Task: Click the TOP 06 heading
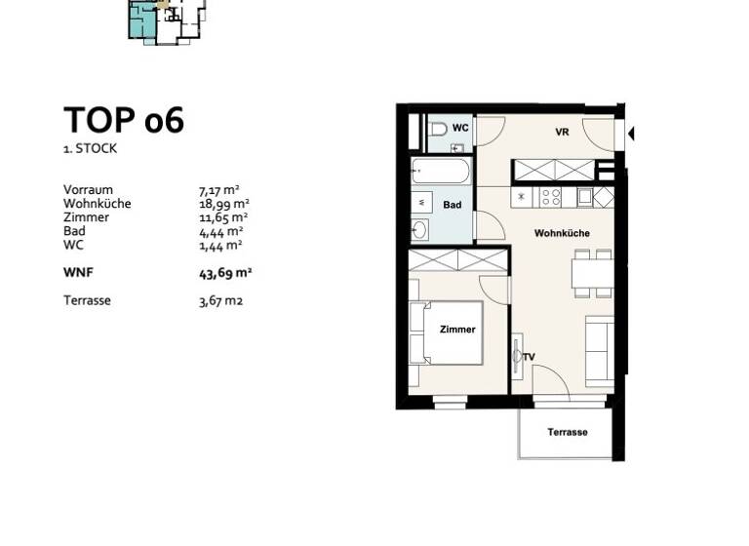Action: click(x=124, y=120)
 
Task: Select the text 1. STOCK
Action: click(x=91, y=149)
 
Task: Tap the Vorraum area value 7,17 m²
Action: click(x=220, y=190)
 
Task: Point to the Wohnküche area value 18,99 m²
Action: click(x=224, y=204)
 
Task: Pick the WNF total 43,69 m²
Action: click(x=225, y=273)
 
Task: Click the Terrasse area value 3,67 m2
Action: click(x=220, y=300)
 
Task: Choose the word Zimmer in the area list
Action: click(x=82, y=217)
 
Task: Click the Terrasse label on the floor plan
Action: click(x=567, y=432)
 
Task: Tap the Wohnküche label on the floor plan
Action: click(x=561, y=234)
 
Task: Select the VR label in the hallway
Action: click(x=562, y=133)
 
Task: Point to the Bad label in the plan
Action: click(x=452, y=206)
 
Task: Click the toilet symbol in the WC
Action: click(x=438, y=128)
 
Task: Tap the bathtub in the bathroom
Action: click(x=442, y=172)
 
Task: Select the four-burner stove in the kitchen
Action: click(x=551, y=197)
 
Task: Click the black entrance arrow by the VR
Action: click(x=631, y=133)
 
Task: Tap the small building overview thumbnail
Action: click(x=166, y=19)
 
